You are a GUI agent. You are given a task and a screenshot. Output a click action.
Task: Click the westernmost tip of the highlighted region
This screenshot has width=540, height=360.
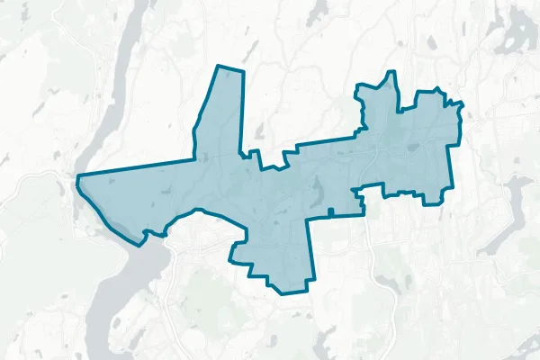[77, 177]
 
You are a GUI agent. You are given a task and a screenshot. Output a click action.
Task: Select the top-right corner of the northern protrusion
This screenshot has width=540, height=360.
[243, 71]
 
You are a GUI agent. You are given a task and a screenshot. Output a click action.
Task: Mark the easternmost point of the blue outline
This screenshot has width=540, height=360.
[463, 104]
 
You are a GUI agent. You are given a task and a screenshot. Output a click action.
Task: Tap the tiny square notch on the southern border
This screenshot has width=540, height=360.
[331, 212]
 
